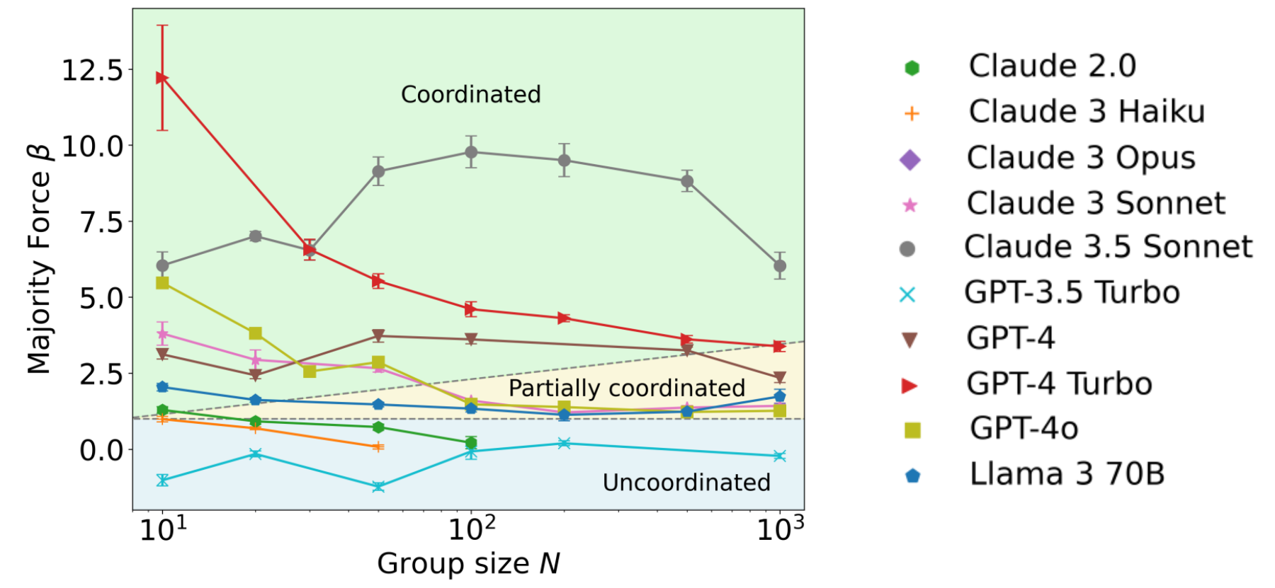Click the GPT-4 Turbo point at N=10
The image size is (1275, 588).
[x=162, y=78]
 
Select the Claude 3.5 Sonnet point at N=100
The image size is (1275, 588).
[x=471, y=152]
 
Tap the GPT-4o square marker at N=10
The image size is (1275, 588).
[x=162, y=283]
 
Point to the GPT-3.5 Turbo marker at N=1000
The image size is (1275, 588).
[x=780, y=456]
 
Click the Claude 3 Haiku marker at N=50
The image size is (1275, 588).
[x=378, y=446]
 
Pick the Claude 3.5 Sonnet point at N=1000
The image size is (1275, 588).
[x=780, y=266]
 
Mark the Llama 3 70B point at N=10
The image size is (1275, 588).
[x=162, y=387]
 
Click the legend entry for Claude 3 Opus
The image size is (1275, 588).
[x=1080, y=158]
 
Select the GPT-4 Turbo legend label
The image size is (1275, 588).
[x=1059, y=384]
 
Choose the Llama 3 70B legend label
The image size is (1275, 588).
[x=1067, y=474]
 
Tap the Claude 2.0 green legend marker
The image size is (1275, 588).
[x=912, y=68]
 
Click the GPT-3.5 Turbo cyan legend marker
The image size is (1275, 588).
[x=907, y=294]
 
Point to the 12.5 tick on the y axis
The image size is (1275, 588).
[x=92, y=70]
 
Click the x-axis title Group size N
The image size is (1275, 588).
[x=468, y=564]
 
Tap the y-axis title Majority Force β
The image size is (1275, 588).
[x=40, y=259]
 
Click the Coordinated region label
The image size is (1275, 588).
[x=470, y=94]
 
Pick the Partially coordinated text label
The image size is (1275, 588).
[x=626, y=388]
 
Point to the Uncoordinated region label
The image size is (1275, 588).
[x=686, y=482]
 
